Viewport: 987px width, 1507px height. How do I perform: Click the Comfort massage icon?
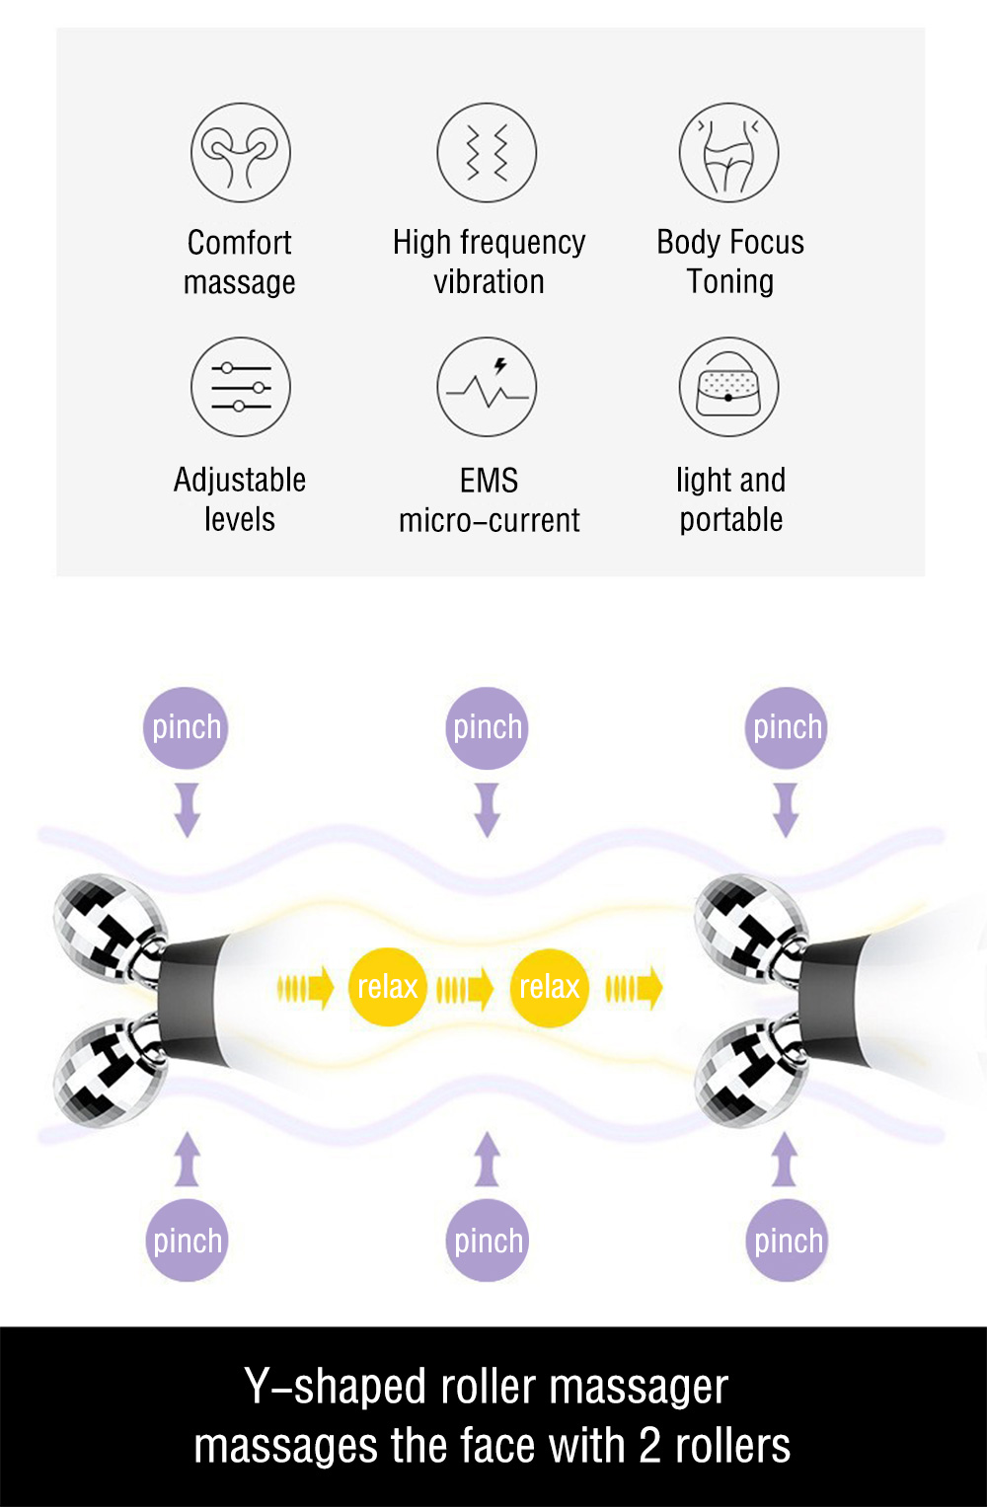pos(240,152)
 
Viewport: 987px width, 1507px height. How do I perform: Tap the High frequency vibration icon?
pos(487,152)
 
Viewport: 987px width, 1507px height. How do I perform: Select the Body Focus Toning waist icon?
pos(729,152)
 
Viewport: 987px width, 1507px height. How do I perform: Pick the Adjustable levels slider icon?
pos(240,387)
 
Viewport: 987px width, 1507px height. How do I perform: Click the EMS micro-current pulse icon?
pos(487,387)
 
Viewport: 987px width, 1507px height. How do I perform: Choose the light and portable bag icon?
pos(729,387)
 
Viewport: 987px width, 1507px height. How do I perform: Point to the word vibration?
pos(489,282)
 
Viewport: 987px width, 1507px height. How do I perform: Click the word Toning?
pos(730,282)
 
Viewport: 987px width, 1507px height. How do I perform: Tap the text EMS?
pos(489,481)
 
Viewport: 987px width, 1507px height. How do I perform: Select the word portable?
pos(730,520)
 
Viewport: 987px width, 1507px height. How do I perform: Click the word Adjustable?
pos(240,481)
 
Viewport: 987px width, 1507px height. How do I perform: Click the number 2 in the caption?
pos(649,1447)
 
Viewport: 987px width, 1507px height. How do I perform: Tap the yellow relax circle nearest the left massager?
pos(387,987)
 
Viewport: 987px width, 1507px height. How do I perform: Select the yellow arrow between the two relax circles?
pos(465,988)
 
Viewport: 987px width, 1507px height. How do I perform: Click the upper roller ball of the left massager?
pos(107,928)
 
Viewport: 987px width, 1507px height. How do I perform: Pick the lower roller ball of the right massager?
pos(747,1073)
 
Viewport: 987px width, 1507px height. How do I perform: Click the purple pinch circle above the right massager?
pos(787,727)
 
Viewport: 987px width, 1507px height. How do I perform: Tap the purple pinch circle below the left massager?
pos(187,1241)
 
